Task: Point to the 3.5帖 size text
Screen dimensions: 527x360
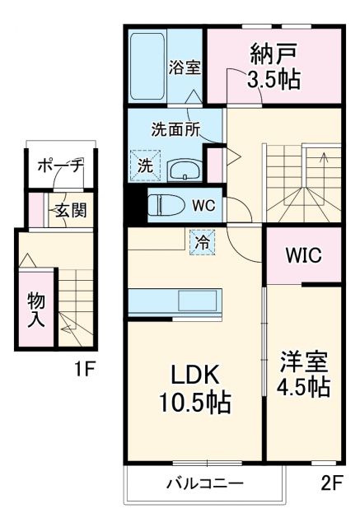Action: tap(274, 81)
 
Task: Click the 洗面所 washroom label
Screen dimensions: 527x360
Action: tap(175, 129)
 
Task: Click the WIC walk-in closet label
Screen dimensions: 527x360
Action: tap(303, 255)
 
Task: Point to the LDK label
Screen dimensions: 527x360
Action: tap(194, 375)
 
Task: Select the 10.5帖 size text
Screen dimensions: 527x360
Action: tap(195, 403)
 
